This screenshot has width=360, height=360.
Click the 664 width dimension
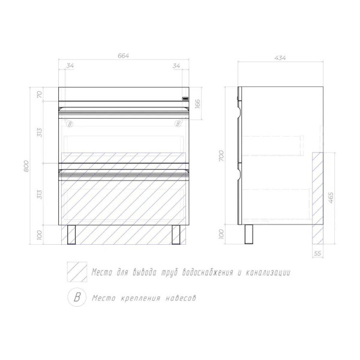coord(123,56)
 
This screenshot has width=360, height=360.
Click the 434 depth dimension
coord(280,58)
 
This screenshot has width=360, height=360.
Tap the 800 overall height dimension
coord(26,166)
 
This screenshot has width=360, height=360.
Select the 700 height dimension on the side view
coord(221,155)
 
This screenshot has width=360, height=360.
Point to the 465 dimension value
coord(331,197)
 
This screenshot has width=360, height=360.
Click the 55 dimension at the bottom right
coord(317,253)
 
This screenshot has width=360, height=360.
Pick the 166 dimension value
coord(197,103)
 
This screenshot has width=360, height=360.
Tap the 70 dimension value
coord(40,94)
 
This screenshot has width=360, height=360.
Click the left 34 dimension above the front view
coord(70,65)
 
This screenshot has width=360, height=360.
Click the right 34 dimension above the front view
coord(176,65)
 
